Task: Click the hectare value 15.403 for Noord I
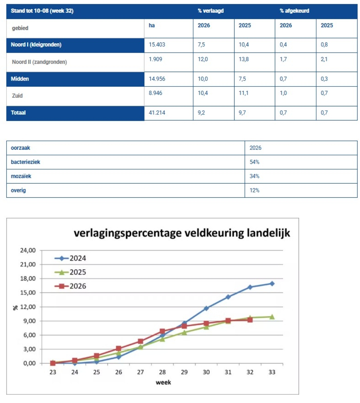pyautogui.click(x=157, y=44)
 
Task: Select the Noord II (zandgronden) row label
pyautogui.click(x=39, y=62)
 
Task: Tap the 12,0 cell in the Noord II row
pyautogui.click(x=202, y=59)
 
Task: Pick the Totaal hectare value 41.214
pyautogui.click(x=157, y=113)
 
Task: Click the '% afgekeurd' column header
pyautogui.click(x=294, y=11)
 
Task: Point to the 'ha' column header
pyautogui.click(x=152, y=25)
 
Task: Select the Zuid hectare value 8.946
pyautogui.click(x=155, y=93)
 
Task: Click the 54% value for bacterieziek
pyautogui.click(x=254, y=162)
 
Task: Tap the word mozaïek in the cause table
pyautogui.click(x=21, y=176)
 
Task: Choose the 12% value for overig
pyautogui.click(x=254, y=190)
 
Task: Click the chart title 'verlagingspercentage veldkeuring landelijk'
pyautogui.click(x=182, y=233)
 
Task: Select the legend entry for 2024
pyautogui.click(x=70, y=258)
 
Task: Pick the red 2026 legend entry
pyautogui.click(x=70, y=286)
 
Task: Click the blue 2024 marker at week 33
pyautogui.click(x=272, y=283)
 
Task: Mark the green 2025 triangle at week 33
pyautogui.click(x=272, y=316)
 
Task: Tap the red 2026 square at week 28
pyautogui.click(x=162, y=331)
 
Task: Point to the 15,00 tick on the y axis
pyautogui.click(x=28, y=293)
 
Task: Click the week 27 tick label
pyautogui.click(x=141, y=372)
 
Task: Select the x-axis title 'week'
pyautogui.click(x=163, y=382)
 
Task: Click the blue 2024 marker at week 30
pyautogui.click(x=206, y=308)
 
